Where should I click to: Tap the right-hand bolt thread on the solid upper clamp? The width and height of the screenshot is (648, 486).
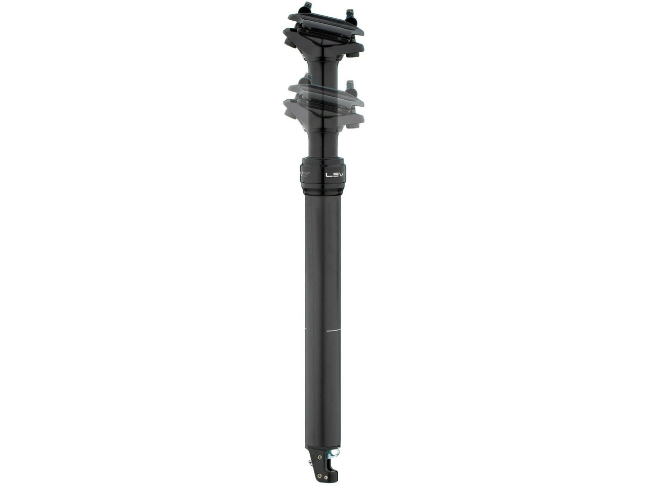pos(349,13)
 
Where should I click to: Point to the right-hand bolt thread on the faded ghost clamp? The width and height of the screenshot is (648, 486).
pos(348,85)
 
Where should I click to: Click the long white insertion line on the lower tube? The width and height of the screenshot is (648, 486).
pos(335,330)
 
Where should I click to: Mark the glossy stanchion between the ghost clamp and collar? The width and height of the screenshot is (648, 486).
pos(324,144)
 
